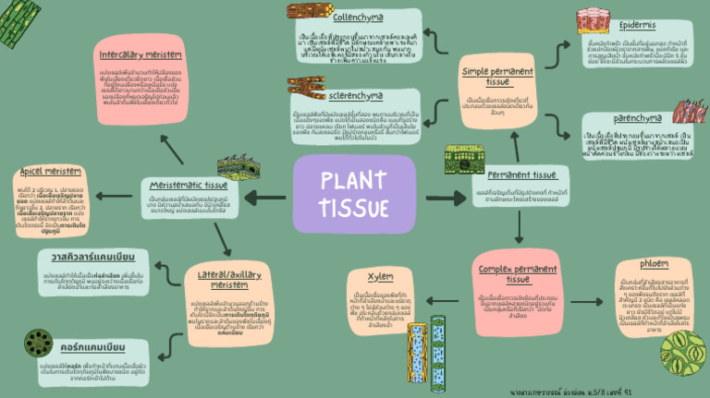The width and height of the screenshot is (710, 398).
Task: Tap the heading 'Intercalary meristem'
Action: (140, 54)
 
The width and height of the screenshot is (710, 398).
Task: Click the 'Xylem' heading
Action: (381, 275)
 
